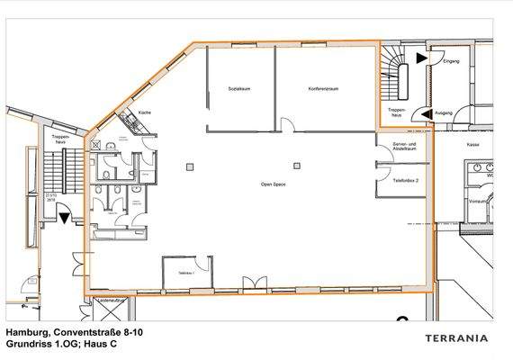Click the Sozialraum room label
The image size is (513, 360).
coord(238,89)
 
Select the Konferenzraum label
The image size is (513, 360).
coord(322,89)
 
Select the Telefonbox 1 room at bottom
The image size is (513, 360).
coord(186,272)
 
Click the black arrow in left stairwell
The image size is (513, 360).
coord(64,215)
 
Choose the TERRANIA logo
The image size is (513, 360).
coord(456,337)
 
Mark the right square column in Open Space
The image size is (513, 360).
coord(296,165)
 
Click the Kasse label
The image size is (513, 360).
coord(472,143)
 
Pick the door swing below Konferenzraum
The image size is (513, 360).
coord(286,126)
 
